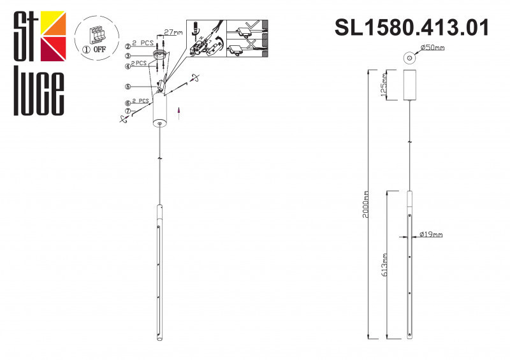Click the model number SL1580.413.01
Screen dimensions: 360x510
(x=412, y=27)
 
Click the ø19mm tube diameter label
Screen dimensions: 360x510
(x=432, y=234)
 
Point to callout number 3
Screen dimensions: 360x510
(x=128, y=56)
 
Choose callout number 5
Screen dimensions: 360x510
(x=128, y=86)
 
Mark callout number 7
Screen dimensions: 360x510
(x=128, y=111)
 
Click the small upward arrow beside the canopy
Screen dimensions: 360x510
(x=180, y=113)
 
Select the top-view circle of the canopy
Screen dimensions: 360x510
(x=407, y=58)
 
